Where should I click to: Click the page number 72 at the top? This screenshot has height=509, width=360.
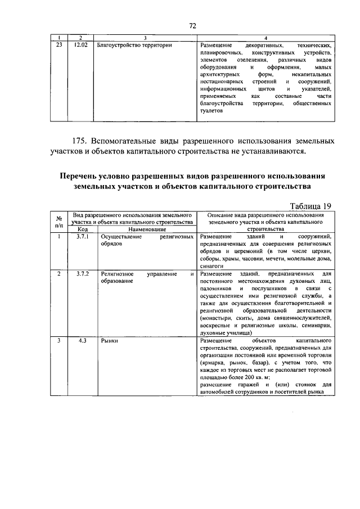(x=192, y=26)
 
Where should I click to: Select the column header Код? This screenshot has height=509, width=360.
(x=82, y=229)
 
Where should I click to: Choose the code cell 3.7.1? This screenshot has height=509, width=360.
(x=82, y=237)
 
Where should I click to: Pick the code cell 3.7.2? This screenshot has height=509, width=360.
(x=82, y=273)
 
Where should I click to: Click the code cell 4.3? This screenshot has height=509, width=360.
(x=82, y=341)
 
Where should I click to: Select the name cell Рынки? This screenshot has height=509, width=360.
(x=109, y=341)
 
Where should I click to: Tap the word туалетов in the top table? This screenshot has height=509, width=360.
(x=211, y=111)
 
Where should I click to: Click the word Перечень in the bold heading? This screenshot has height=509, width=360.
(x=84, y=176)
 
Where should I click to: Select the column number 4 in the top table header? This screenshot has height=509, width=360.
(x=265, y=37)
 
